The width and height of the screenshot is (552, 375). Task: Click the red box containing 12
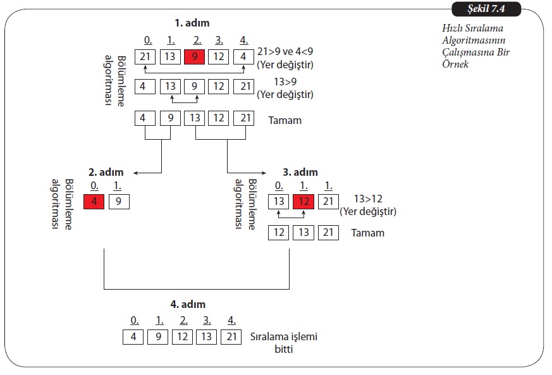pyautogui.click(x=303, y=202)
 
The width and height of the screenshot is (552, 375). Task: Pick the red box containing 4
pyautogui.click(x=94, y=202)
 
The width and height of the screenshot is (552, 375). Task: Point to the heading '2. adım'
pyautogui.click(x=106, y=171)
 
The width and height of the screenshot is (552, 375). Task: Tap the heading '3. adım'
pyautogui.click(x=300, y=171)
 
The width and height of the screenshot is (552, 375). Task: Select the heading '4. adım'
pyautogui.click(x=188, y=304)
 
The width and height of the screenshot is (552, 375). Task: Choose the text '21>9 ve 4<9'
pyautogui.click(x=285, y=52)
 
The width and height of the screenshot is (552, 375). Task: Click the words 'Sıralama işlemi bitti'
pyautogui.click(x=284, y=342)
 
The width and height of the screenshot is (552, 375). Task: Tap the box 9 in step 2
pyautogui.click(x=119, y=202)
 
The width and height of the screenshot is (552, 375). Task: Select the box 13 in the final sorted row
pyautogui.click(x=207, y=336)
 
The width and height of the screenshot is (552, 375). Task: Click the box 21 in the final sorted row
pyautogui.click(x=231, y=336)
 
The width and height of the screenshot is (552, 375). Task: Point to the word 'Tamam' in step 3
pyautogui.click(x=367, y=233)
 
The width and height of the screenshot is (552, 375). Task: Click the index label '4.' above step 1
pyautogui.click(x=244, y=40)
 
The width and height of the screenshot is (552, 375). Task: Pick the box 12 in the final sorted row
pyautogui.click(x=182, y=336)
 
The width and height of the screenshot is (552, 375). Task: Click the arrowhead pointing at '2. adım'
pyautogui.click(x=137, y=172)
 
